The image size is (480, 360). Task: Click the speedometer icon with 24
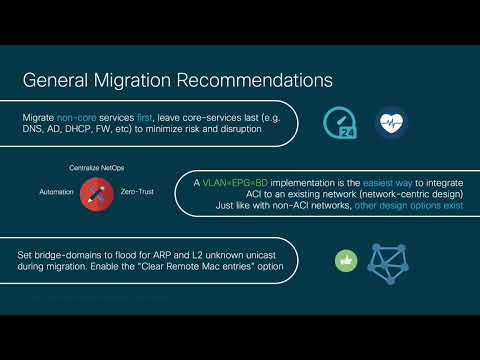pyautogui.click(x=341, y=123)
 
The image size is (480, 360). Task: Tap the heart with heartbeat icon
pyautogui.click(x=391, y=123)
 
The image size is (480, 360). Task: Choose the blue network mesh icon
pyautogui.click(x=391, y=262)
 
